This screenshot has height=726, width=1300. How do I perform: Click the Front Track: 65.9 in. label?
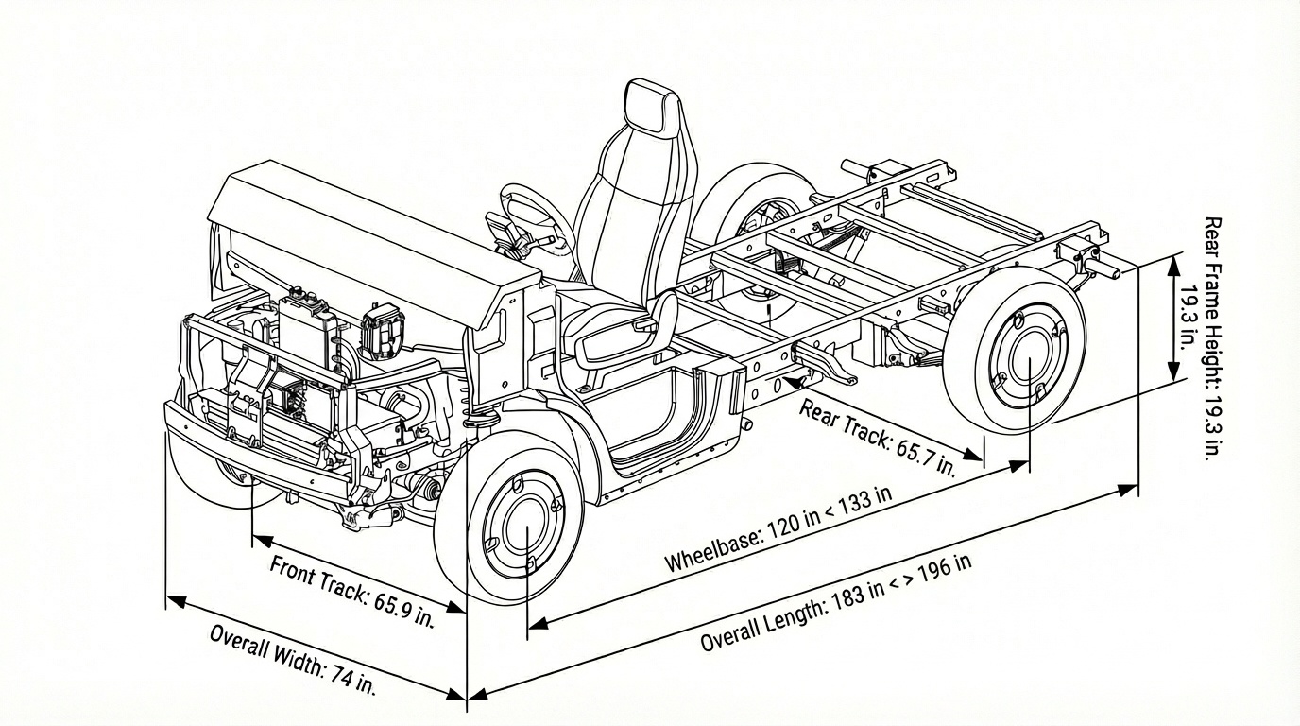[351, 592]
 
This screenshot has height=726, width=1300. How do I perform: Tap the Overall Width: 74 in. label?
[292, 660]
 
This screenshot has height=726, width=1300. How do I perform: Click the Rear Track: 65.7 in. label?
[878, 437]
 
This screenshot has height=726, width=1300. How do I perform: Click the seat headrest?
[651, 106]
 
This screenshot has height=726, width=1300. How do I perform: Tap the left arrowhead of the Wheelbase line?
[535, 623]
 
